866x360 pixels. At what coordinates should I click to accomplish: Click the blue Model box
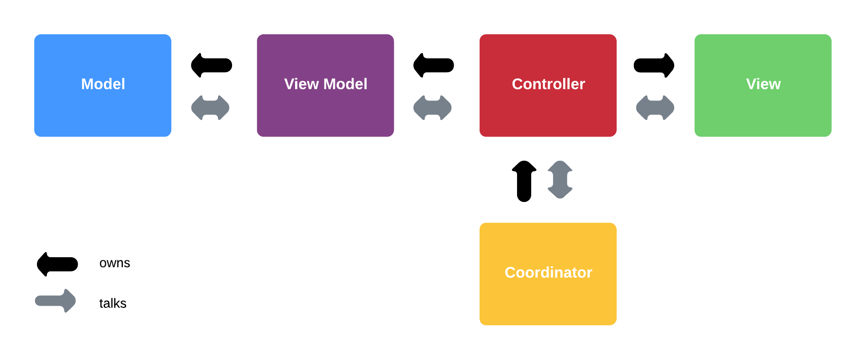(102, 110)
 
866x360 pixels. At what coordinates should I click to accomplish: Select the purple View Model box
(325, 110)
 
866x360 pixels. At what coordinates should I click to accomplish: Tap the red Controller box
(548, 110)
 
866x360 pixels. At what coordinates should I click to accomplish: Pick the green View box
(763, 110)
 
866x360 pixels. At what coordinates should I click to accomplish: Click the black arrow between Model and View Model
(211, 65)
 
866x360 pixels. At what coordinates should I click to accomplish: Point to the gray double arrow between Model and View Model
(210, 108)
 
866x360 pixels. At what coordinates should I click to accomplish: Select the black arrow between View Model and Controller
(433, 65)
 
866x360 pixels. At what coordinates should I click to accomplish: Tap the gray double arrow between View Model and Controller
(433, 108)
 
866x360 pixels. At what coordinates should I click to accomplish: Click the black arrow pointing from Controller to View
(654, 65)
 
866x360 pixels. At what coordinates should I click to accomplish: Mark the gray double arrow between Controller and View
(655, 108)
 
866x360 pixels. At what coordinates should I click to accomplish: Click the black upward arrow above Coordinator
(524, 181)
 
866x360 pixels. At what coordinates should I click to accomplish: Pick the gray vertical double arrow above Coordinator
(560, 180)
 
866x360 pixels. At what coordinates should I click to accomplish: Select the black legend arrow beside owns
(58, 264)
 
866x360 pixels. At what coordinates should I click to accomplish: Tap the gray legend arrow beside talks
(55, 301)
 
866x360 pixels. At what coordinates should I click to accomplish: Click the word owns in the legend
(115, 263)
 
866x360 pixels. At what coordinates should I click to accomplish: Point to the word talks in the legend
(112, 303)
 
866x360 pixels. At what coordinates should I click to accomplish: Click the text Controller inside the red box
(548, 84)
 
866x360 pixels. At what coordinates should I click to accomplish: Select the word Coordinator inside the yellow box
(548, 272)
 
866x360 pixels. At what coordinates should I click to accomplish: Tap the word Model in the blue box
(103, 84)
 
